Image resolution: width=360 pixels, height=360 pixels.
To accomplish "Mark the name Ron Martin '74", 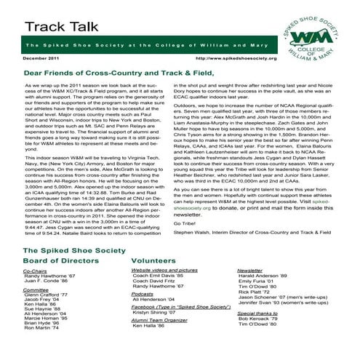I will coord(43,328).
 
